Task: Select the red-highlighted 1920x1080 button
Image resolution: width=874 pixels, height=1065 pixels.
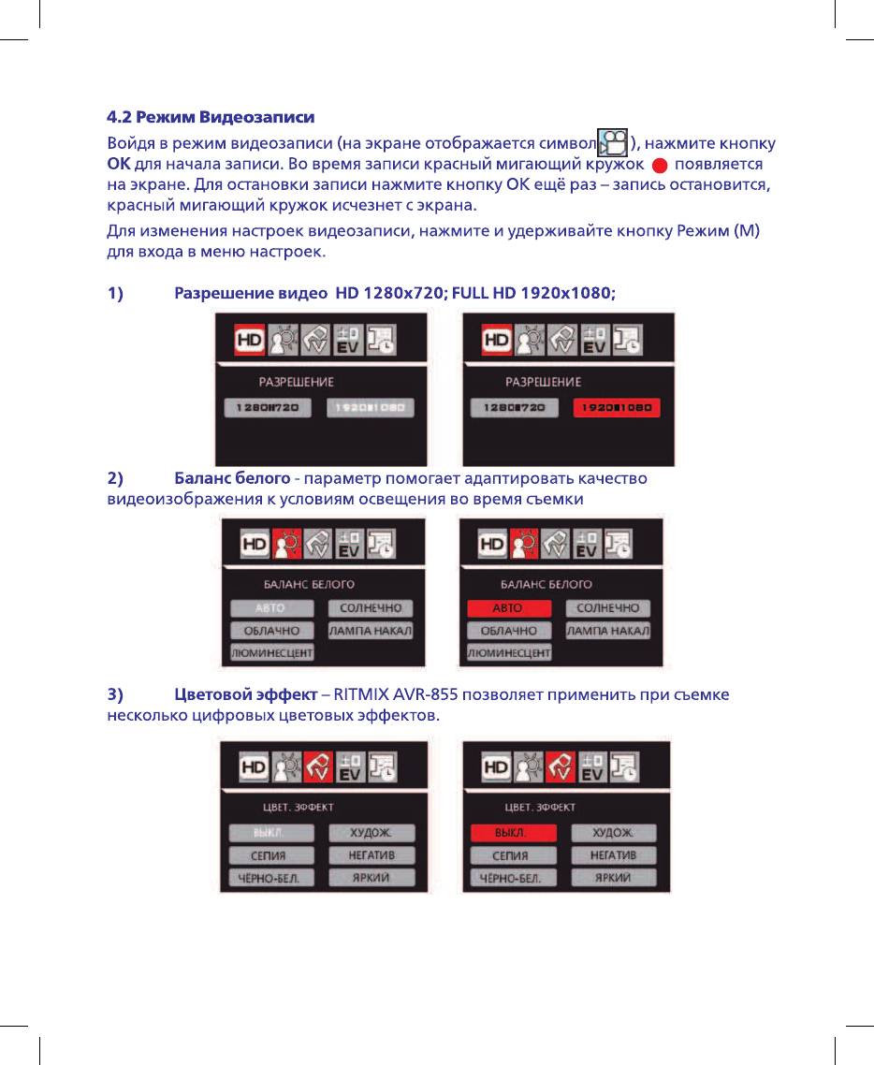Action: (x=617, y=408)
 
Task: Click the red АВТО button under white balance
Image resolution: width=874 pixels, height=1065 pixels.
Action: (x=507, y=609)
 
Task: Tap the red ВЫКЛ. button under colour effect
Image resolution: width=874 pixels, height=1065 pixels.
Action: (x=512, y=833)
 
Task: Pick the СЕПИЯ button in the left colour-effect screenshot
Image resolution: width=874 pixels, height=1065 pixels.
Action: (x=269, y=855)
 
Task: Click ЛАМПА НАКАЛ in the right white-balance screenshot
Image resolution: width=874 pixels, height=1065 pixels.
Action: (x=607, y=632)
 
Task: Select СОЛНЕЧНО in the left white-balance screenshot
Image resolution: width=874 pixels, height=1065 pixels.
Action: (x=370, y=609)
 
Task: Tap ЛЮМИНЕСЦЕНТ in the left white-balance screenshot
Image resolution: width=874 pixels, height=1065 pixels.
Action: (x=271, y=652)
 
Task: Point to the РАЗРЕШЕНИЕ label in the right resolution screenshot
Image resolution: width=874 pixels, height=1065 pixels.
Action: (x=543, y=382)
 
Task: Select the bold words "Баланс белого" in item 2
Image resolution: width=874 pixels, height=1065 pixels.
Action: (x=231, y=479)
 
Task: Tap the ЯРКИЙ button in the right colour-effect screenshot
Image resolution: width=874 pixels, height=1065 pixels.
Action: (x=613, y=878)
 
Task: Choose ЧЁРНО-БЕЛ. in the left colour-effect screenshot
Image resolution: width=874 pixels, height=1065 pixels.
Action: (x=269, y=878)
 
